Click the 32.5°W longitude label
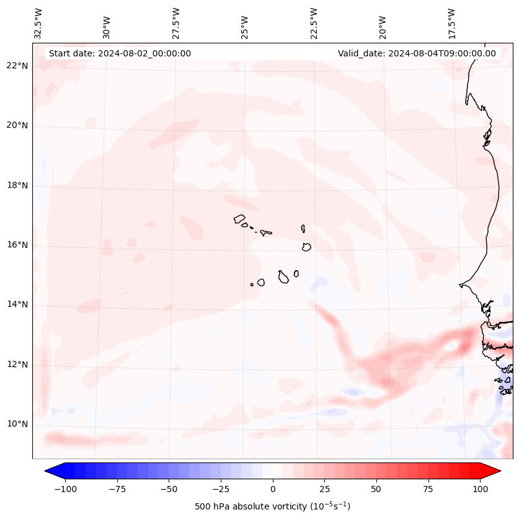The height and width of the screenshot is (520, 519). (x=38, y=23)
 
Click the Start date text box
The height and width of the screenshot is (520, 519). (x=120, y=53)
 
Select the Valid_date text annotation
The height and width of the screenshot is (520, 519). (x=417, y=53)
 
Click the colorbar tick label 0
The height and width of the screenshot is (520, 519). (x=272, y=489)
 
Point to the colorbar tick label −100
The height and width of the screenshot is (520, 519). (x=65, y=489)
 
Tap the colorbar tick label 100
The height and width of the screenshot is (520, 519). (x=480, y=489)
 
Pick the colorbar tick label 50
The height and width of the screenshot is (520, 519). (x=376, y=489)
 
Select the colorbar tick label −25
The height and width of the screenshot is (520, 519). (x=221, y=489)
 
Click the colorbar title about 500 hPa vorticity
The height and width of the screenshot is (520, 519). (x=272, y=506)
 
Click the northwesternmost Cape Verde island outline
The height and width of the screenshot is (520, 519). (x=239, y=219)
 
